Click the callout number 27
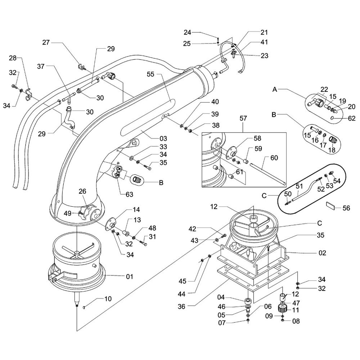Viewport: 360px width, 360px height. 46,42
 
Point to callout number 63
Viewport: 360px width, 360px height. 129,194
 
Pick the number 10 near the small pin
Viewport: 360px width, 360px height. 108,298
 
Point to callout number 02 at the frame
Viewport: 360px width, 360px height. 322,253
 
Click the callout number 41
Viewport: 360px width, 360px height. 264,42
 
